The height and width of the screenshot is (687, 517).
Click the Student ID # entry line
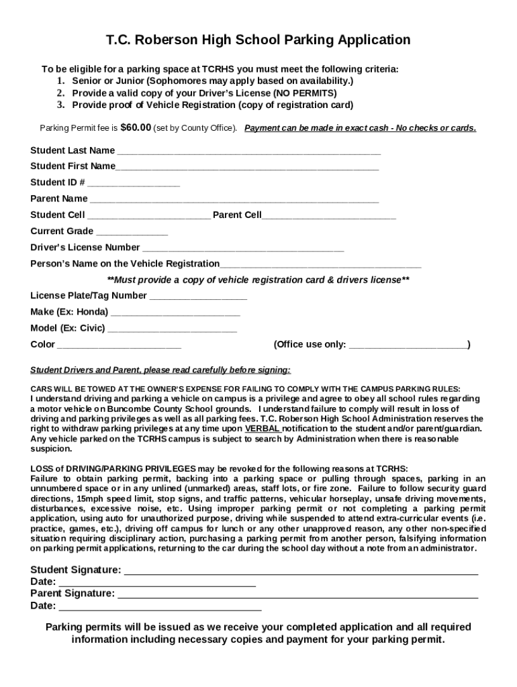(134, 184)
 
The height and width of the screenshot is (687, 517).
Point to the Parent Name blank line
(234, 200)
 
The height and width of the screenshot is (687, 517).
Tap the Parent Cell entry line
(329, 217)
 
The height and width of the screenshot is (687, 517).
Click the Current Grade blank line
(132, 233)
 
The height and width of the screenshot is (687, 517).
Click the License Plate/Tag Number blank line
(198, 297)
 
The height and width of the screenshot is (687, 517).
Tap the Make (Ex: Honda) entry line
(175, 313)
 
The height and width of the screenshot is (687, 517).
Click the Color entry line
(119, 346)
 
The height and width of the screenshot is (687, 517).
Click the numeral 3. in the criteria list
(60, 105)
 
